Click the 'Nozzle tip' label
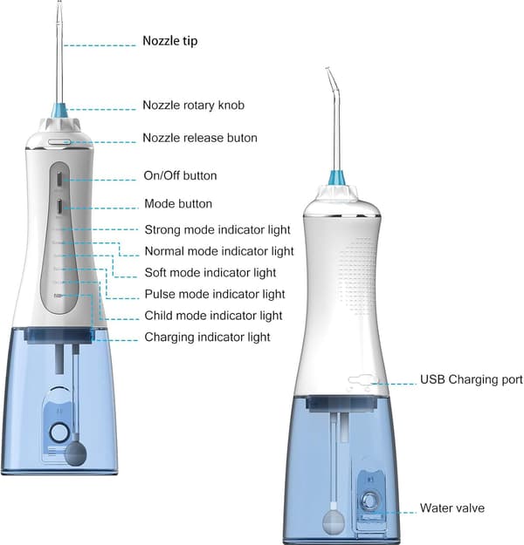(170, 41)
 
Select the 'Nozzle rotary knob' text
(194, 105)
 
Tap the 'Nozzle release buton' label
(200, 138)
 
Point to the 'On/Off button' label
(181, 175)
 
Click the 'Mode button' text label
(178, 203)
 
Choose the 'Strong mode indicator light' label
(217, 229)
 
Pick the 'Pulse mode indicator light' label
(215, 295)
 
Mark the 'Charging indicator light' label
(207, 337)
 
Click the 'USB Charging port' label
(472, 379)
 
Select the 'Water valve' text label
(452, 508)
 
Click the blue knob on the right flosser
(337, 178)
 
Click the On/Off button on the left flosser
(60, 180)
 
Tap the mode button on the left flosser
(60, 208)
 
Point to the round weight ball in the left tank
(76, 453)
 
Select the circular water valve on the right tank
(369, 501)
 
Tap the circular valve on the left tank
(59, 433)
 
